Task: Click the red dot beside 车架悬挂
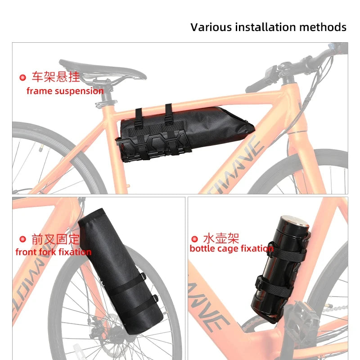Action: click(23, 77)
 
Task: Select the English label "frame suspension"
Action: click(65, 91)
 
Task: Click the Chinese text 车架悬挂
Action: click(56, 76)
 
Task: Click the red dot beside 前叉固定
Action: click(23, 239)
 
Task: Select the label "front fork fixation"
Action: click(54, 252)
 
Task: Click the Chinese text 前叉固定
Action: click(55, 239)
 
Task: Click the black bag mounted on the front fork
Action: click(121, 271)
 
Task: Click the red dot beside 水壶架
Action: click(194, 239)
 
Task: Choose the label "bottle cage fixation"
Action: click(232, 248)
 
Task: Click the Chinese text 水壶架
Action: click(221, 238)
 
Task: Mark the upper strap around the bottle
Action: click(288, 252)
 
